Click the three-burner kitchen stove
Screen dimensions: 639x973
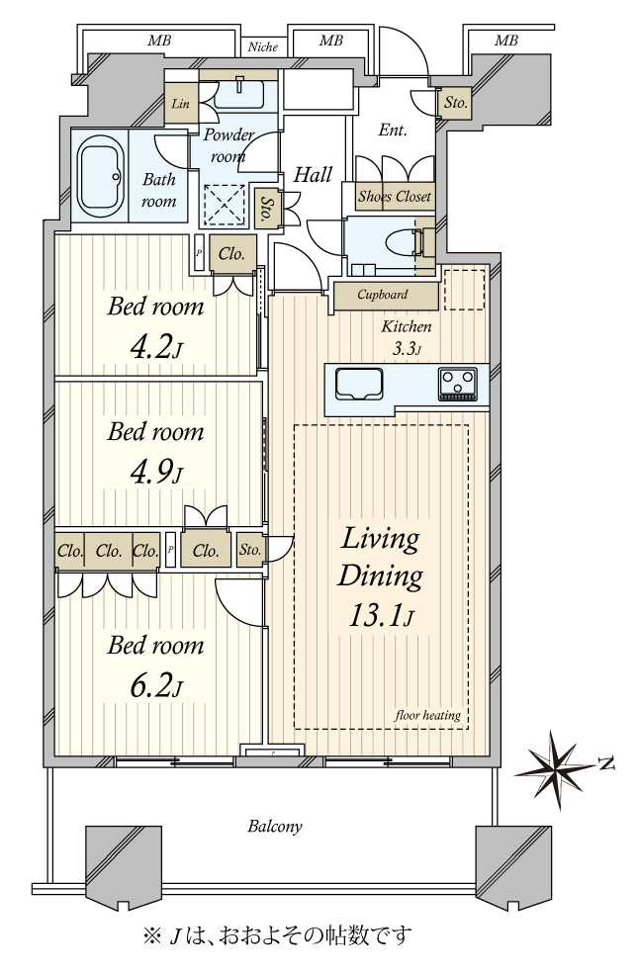(x=458, y=384)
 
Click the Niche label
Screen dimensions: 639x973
(x=263, y=47)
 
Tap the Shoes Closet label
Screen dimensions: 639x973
(x=395, y=197)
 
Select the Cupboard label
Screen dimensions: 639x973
(x=383, y=295)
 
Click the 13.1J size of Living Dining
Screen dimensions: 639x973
(x=381, y=616)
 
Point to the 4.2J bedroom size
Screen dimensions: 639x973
(x=156, y=348)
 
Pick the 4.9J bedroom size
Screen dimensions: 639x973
(x=156, y=473)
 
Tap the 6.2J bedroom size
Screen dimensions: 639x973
(x=156, y=687)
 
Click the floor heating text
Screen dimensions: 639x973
(x=428, y=716)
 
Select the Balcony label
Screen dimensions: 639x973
(x=275, y=827)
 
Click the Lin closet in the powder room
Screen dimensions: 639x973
(x=181, y=103)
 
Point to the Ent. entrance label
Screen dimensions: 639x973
(x=393, y=131)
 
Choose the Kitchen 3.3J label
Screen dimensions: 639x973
(x=407, y=337)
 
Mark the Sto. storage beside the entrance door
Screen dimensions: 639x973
(x=455, y=103)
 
